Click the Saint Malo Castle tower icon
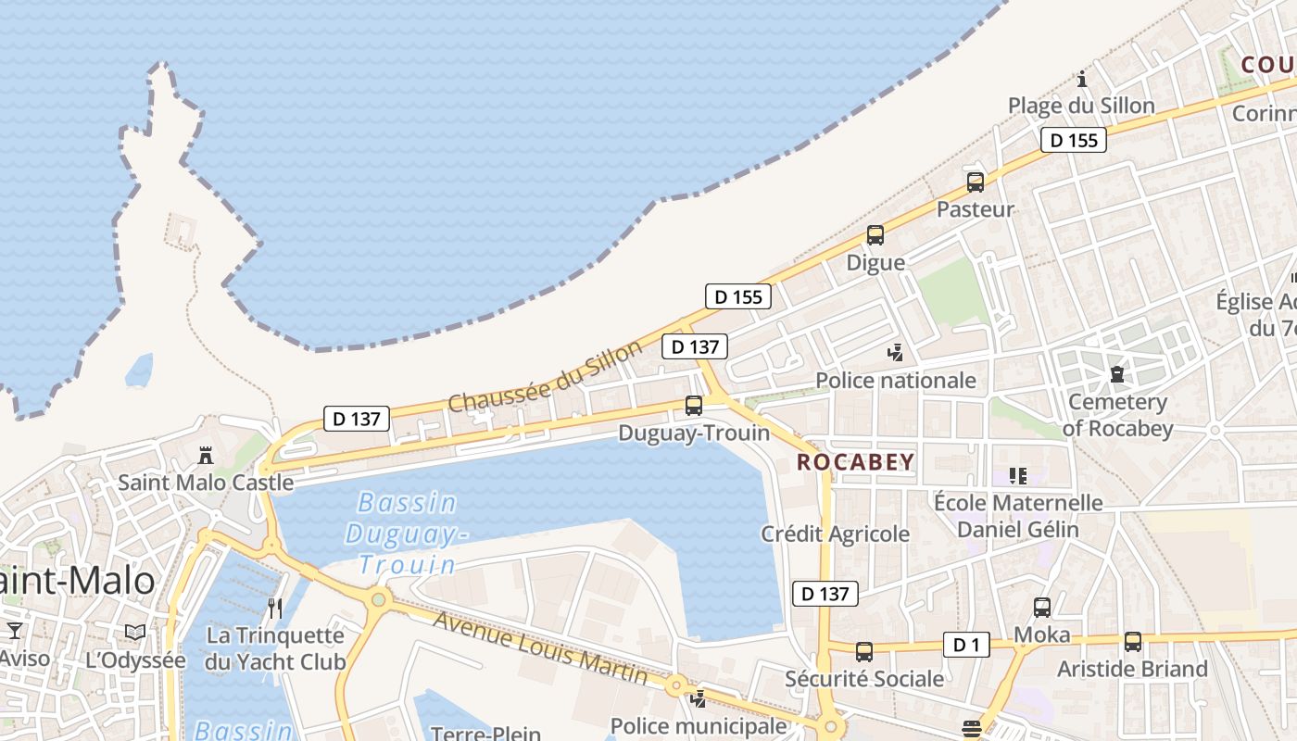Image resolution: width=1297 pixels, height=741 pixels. point(206,455)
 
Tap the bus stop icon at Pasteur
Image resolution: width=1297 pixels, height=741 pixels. point(975,182)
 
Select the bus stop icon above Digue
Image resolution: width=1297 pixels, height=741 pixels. point(875,235)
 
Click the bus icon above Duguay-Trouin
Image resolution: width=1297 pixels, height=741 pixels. point(693,405)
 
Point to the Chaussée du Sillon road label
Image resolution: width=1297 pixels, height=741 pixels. point(545,377)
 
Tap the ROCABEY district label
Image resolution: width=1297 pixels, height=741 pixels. point(855,462)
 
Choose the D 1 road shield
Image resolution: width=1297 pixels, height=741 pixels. point(966,645)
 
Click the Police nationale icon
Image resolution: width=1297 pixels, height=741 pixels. point(895,352)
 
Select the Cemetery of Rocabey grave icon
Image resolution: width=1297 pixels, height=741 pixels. point(1116,374)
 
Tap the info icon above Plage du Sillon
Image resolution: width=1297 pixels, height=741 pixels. point(1081,79)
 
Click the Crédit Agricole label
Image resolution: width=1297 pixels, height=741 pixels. point(835,534)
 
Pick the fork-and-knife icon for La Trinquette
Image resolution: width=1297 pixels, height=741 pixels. point(274,609)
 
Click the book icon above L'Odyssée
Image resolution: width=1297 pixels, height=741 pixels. point(135,632)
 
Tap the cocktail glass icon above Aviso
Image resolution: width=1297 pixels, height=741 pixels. point(14,632)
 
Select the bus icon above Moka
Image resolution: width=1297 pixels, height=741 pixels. point(1041,608)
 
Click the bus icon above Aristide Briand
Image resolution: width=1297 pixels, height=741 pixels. point(1132,641)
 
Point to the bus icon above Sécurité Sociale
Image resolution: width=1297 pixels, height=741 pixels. point(863,652)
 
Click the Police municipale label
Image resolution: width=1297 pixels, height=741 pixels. point(698,726)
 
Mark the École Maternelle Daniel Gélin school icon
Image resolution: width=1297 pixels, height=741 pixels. point(1018,476)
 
